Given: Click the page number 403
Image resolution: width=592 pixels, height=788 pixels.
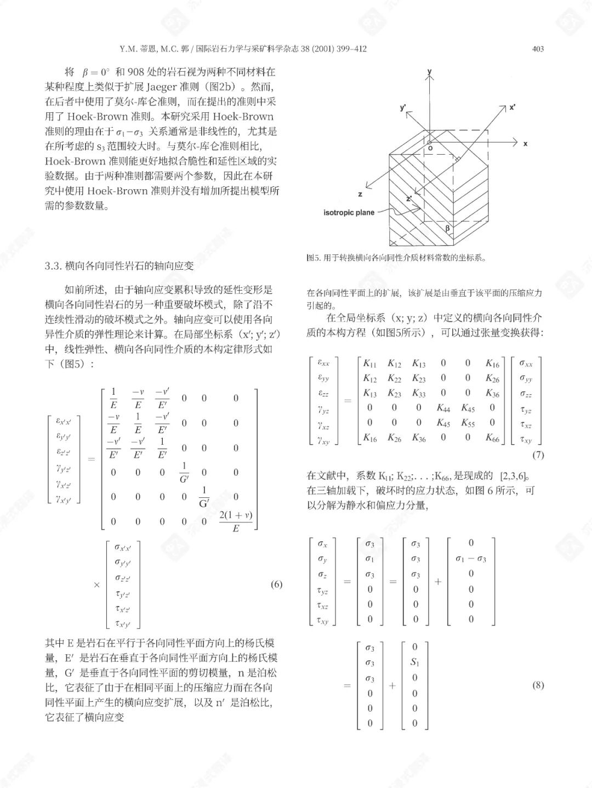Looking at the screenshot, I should (x=538, y=49).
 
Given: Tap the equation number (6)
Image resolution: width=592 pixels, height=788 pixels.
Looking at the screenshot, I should (x=276, y=584).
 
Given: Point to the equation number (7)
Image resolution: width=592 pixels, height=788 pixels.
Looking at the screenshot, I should (x=538, y=455).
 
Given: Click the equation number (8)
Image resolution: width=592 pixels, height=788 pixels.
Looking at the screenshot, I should (x=538, y=685).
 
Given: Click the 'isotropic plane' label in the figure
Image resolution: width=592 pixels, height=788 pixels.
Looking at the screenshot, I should (x=349, y=213).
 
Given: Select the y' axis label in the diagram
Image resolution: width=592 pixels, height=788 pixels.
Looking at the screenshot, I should (x=403, y=108).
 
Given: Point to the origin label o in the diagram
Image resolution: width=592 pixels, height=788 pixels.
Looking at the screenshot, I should (x=430, y=148).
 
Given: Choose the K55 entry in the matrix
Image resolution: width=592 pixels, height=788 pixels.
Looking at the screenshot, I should (x=468, y=422).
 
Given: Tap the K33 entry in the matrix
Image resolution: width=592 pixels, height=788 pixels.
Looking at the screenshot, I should (x=419, y=393).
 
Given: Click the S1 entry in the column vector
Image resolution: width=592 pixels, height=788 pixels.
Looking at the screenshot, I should (x=414, y=662).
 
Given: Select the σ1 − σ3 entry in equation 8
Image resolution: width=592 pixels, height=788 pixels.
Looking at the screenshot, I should (x=470, y=559).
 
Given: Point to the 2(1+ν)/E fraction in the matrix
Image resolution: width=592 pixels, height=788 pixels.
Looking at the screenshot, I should (x=236, y=521).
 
